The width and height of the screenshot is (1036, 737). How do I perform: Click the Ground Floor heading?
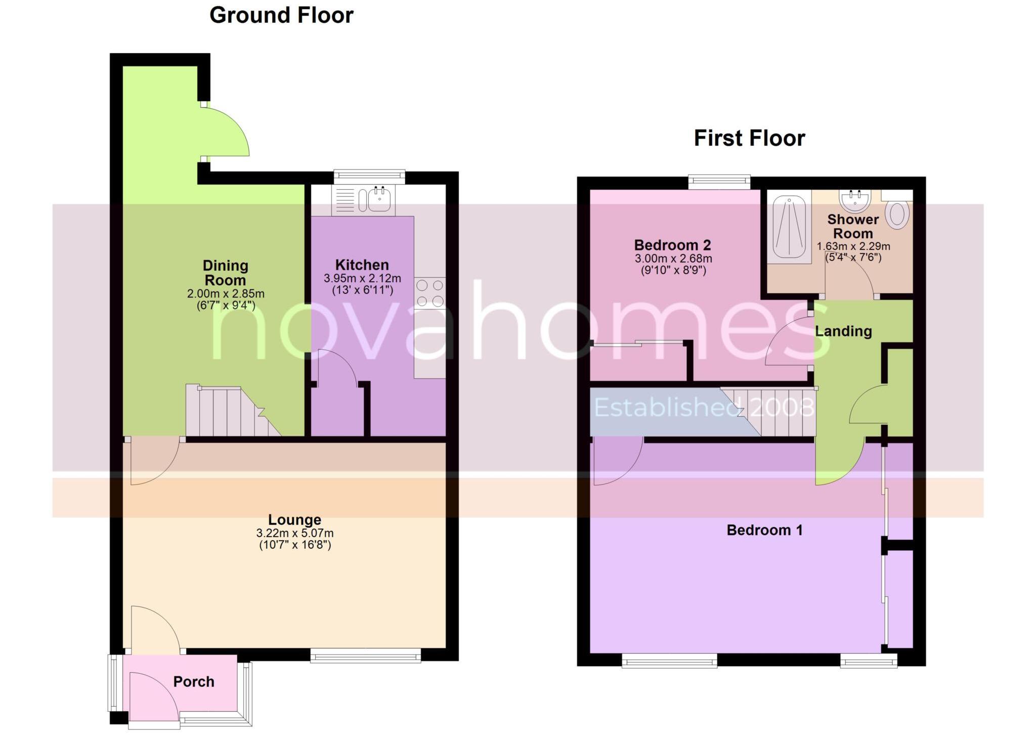pyautogui.click(x=281, y=15)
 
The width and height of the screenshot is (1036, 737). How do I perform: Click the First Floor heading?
pyautogui.click(x=749, y=138)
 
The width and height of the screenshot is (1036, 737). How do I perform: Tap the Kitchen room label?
pyautogui.click(x=362, y=265)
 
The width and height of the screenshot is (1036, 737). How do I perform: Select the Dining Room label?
pyautogui.click(x=225, y=273)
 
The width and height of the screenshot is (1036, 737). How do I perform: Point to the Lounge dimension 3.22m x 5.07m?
pyautogui.click(x=295, y=533)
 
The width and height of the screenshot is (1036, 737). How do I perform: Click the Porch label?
pyautogui.click(x=194, y=681)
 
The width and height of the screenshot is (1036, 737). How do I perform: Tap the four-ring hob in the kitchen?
pyautogui.click(x=430, y=293)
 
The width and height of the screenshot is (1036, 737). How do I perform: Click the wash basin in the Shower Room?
pyautogui.click(x=855, y=199)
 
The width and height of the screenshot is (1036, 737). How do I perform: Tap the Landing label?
pyautogui.click(x=843, y=331)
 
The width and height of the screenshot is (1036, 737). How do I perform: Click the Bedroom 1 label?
pyautogui.click(x=764, y=530)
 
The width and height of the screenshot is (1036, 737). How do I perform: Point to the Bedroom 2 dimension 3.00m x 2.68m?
pyautogui.click(x=673, y=258)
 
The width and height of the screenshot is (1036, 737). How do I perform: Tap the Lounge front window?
pyautogui.click(x=365, y=657)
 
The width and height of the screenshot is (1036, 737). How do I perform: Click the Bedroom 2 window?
pyautogui.click(x=719, y=181)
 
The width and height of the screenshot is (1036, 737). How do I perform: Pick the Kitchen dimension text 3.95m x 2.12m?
pyautogui.click(x=362, y=278)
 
